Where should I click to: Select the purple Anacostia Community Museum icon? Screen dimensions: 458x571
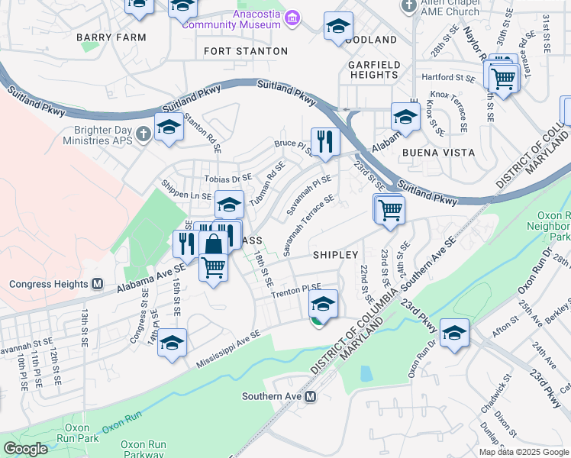coord(290,18)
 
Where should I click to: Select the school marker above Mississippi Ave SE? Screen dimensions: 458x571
coord(173,343)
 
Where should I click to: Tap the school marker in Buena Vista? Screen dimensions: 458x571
coord(405,117)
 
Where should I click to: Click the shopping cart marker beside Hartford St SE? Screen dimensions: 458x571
coord(503,77)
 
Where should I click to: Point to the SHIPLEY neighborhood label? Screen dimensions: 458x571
coord(335,254)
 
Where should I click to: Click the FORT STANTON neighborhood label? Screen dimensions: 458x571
coord(247,51)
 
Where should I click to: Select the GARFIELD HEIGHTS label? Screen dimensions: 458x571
coord(374,69)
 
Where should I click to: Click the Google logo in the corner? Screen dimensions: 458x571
coord(26,449)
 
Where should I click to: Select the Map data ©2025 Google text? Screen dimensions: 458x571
coord(524,452)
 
